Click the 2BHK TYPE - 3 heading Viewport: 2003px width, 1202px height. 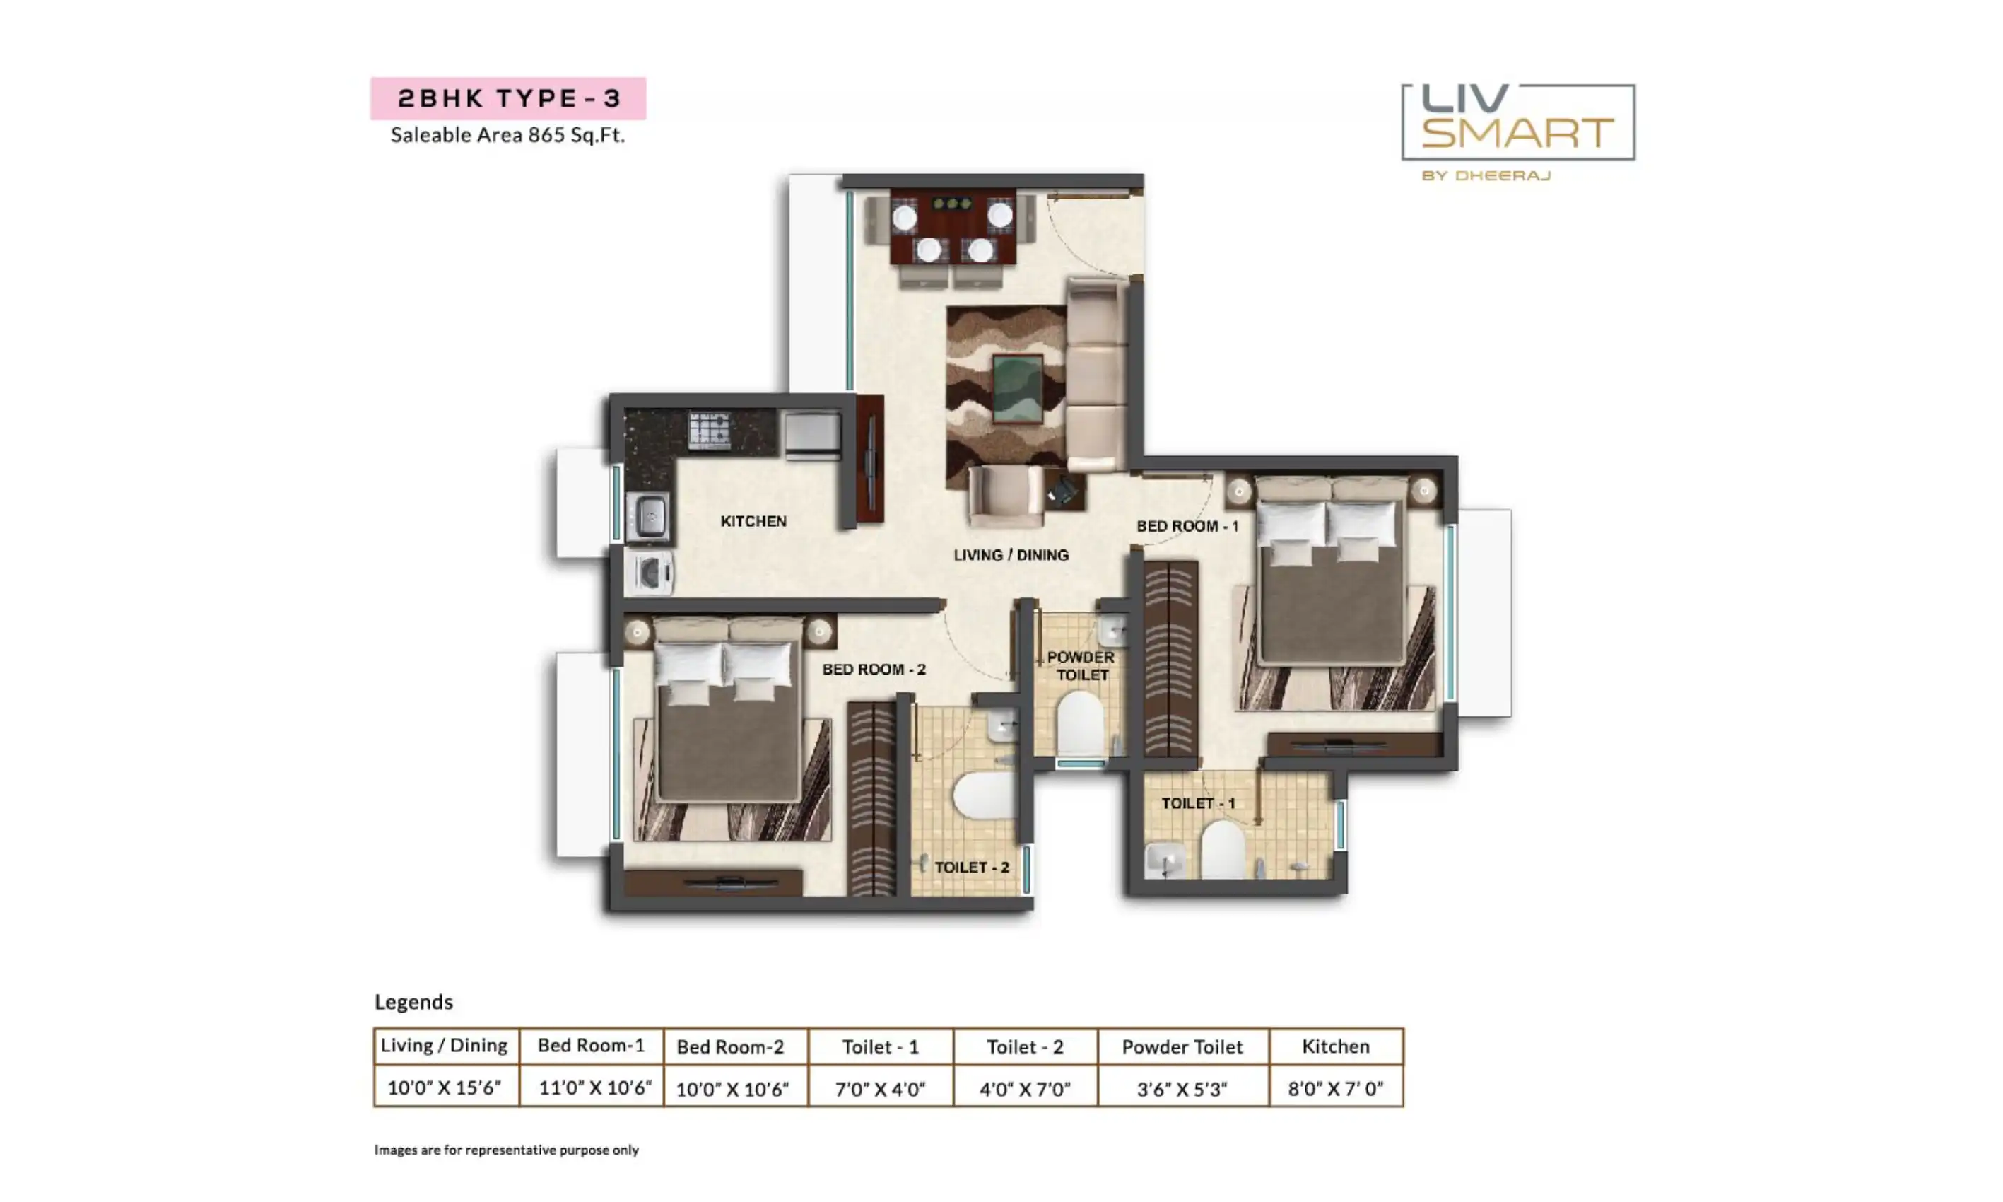coord(508,99)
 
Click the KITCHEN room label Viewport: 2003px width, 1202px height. coord(753,521)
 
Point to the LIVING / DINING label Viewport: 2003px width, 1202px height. coord(1011,555)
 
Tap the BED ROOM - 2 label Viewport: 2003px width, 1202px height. coord(874,669)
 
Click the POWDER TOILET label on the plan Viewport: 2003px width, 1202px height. coord(1081,666)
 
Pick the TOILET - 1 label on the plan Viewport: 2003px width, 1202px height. coord(1198,803)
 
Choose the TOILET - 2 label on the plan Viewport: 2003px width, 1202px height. coord(972,867)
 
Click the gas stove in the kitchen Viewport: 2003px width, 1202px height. coord(708,430)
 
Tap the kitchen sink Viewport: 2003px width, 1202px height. coord(649,516)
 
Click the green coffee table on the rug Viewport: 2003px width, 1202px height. coord(1018,389)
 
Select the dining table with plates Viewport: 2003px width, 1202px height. coord(953,227)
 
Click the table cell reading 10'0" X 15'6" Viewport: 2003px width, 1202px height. coord(445,1087)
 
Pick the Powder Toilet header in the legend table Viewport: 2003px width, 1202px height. coord(1182,1046)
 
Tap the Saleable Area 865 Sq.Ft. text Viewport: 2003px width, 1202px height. coord(507,134)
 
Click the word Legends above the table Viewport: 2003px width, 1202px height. coord(413,1002)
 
